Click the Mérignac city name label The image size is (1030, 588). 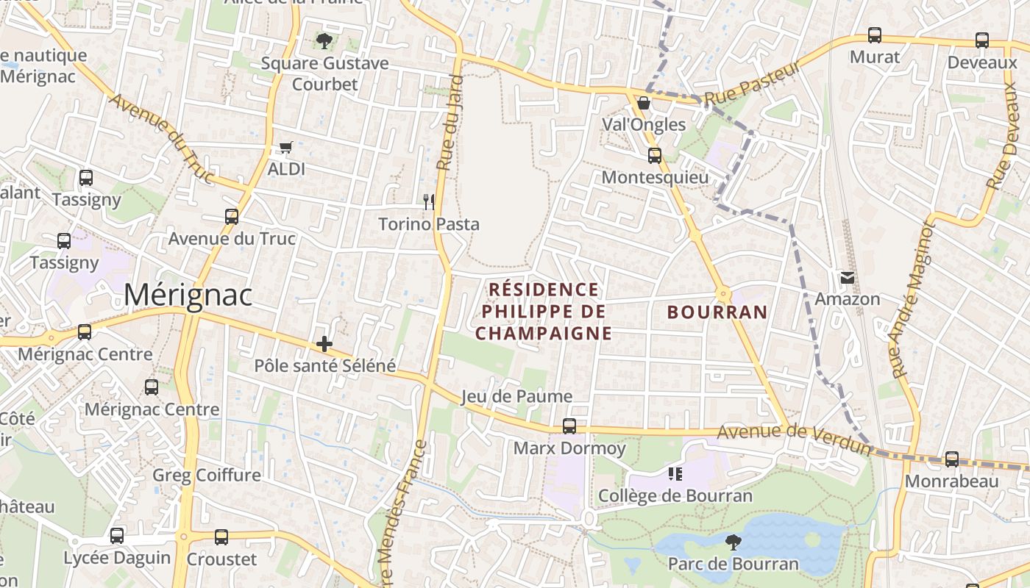(188, 295)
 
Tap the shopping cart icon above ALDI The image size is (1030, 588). (286, 147)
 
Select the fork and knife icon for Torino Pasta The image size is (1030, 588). (429, 201)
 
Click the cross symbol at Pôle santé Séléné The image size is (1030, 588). (324, 343)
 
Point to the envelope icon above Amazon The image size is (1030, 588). (848, 277)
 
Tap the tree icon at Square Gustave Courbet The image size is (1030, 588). (324, 40)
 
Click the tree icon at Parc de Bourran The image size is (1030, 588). (733, 542)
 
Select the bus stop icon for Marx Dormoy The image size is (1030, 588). (569, 426)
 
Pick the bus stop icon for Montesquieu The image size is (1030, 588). (655, 156)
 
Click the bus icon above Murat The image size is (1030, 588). (875, 35)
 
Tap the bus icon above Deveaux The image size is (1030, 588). (982, 40)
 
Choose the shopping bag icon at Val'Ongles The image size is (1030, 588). (644, 103)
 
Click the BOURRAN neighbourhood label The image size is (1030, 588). (717, 312)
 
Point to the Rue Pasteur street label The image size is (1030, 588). (752, 83)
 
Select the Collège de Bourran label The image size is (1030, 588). (675, 495)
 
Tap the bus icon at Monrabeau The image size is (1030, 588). (952, 459)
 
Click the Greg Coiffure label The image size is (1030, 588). (207, 475)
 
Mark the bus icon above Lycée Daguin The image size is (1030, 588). (117, 536)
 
